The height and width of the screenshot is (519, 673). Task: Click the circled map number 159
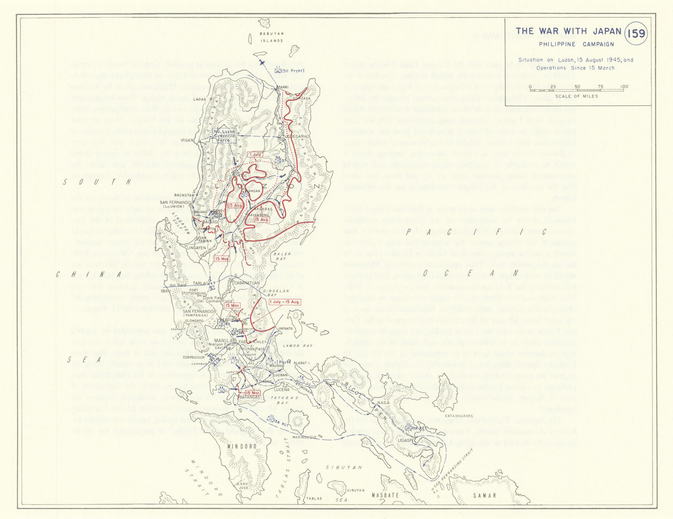point(636,33)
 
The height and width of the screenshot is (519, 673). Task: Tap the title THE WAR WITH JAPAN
point(568,31)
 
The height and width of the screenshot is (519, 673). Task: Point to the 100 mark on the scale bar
point(624,87)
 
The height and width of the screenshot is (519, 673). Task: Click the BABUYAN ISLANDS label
point(271,37)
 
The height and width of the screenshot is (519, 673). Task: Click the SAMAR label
point(485,495)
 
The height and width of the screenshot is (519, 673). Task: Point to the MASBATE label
point(385,495)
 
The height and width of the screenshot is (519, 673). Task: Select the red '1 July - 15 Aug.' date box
point(285,302)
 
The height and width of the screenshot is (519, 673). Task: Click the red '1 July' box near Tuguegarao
point(255,155)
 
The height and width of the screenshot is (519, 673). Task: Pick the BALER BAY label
point(282,256)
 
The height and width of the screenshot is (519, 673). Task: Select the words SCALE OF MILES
point(576,96)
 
